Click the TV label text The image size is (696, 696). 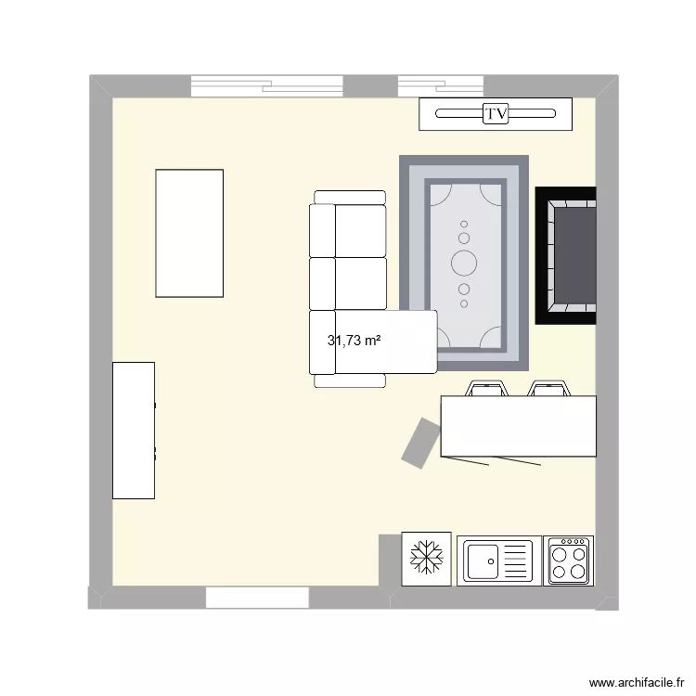(x=496, y=114)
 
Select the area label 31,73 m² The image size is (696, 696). (x=354, y=341)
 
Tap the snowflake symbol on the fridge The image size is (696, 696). (x=427, y=559)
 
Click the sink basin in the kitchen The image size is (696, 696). (x=483, y=560)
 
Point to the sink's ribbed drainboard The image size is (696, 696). (x=516, y=560)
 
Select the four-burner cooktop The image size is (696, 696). (x=568, y=560)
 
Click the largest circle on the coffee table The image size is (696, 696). (x=464, y=262)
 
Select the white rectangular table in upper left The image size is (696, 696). (x=189, y=233)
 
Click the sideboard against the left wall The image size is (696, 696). (x=134, y=431)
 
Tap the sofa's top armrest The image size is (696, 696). (x=350, y=197)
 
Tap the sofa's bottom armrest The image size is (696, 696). (x=350, y=380)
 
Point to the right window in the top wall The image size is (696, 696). (x=442, y=86)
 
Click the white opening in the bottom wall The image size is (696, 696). (x=256, y=598)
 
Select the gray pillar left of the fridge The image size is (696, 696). (x=390, y=560)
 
